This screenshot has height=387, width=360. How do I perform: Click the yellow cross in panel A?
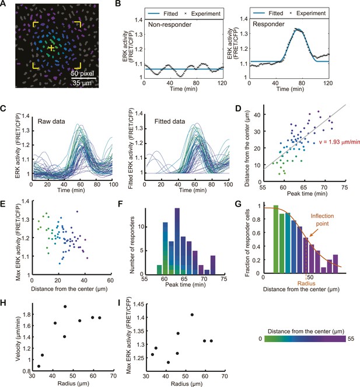[x=51, y=48]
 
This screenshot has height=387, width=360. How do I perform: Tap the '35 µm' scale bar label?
[x=82, y=83]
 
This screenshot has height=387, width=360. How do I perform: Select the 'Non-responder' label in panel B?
[x=170, y=25]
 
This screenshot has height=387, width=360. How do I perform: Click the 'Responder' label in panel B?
[x=268, y=24]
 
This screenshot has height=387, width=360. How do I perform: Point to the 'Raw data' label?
[x=51, y=121]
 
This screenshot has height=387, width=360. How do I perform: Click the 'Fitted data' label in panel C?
[x=170, y=121]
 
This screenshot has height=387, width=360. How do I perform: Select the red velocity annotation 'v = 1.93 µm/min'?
[x=339, y=142]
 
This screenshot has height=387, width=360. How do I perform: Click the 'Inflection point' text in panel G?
[x=322, y=219]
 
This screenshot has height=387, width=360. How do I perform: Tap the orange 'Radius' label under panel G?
[x=306, y=284]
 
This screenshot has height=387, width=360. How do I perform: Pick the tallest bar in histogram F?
[x=177, y=242]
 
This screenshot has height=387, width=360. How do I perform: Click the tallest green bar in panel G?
[x=276, y=239]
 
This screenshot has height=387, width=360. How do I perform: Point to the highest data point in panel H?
[x=65, y=306]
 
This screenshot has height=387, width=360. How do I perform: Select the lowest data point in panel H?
[x=39, y=366]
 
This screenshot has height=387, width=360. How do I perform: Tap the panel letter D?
[x=239, y=109]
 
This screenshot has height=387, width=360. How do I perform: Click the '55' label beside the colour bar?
[x=351, y=339]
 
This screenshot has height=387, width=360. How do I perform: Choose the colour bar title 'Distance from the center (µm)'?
[x=306, y=331]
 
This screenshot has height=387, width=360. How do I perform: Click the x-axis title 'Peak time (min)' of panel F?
[x=186, y=285]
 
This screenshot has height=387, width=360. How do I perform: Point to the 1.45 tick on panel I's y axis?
[x=139, y=304]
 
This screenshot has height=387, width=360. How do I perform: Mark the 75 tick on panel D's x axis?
[x=344, y=187]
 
